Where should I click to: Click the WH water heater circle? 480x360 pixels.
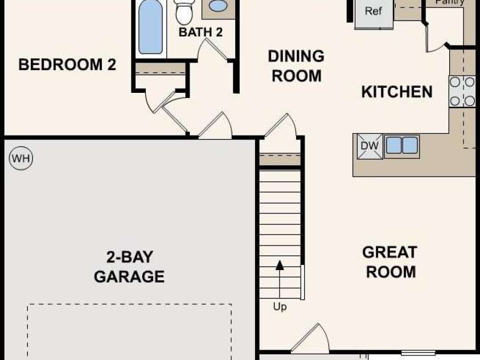coord(21,158)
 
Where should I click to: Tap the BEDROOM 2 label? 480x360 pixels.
coord(67,64)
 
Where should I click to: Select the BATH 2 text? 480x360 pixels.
coord(200,32)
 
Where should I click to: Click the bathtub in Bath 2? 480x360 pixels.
coord(150,27)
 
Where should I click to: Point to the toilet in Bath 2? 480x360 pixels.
coord(184,12)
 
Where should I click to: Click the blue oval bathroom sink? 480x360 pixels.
coord(218,6)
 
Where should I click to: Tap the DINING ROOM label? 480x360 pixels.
coord(296,66)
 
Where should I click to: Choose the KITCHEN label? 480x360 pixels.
coord(397,92)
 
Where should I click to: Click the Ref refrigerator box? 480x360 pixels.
coord(374,14)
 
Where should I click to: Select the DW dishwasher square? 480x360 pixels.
coord(370,146)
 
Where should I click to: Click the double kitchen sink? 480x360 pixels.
coord(401,145)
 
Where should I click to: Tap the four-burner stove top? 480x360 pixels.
coord(462,91)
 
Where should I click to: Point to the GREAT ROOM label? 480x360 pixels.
coord(390,262)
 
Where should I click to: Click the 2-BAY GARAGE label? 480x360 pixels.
coord(129,267)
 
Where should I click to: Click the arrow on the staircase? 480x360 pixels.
coord(280,279)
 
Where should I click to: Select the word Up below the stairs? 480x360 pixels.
coord(280,306)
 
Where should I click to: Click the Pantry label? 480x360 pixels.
coord(449,2)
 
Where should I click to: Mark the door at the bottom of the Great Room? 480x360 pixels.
coord(309,338)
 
